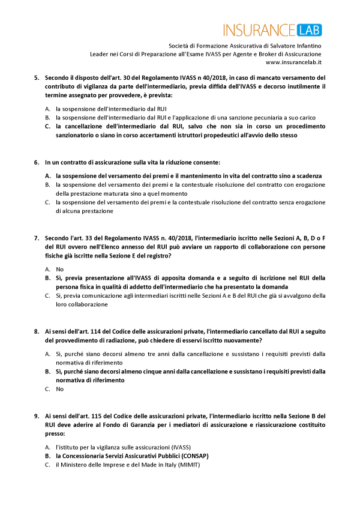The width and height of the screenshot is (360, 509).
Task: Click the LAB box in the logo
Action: point(308,29)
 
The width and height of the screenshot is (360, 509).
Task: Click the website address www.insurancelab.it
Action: point(293,62)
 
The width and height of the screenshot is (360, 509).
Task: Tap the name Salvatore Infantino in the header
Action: point(295,45)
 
